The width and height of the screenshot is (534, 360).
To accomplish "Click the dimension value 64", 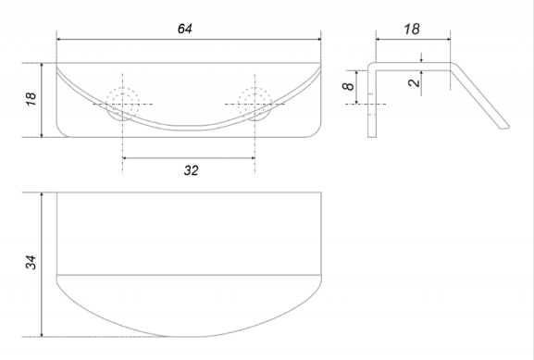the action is [x=185, y=29].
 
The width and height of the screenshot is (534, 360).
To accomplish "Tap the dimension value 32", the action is [x=191, y=170].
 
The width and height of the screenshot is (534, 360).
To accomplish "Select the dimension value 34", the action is [x=31, y=262].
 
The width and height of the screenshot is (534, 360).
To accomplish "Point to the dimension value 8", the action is [x=348, y=86].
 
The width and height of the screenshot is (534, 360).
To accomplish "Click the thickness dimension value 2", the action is [x=414, y=82].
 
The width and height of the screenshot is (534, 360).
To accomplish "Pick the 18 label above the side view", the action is [x=412, y=29].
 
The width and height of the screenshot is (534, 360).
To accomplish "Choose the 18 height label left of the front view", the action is [x=31, y=99].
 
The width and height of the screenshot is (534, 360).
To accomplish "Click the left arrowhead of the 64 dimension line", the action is [x=58, y=39].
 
